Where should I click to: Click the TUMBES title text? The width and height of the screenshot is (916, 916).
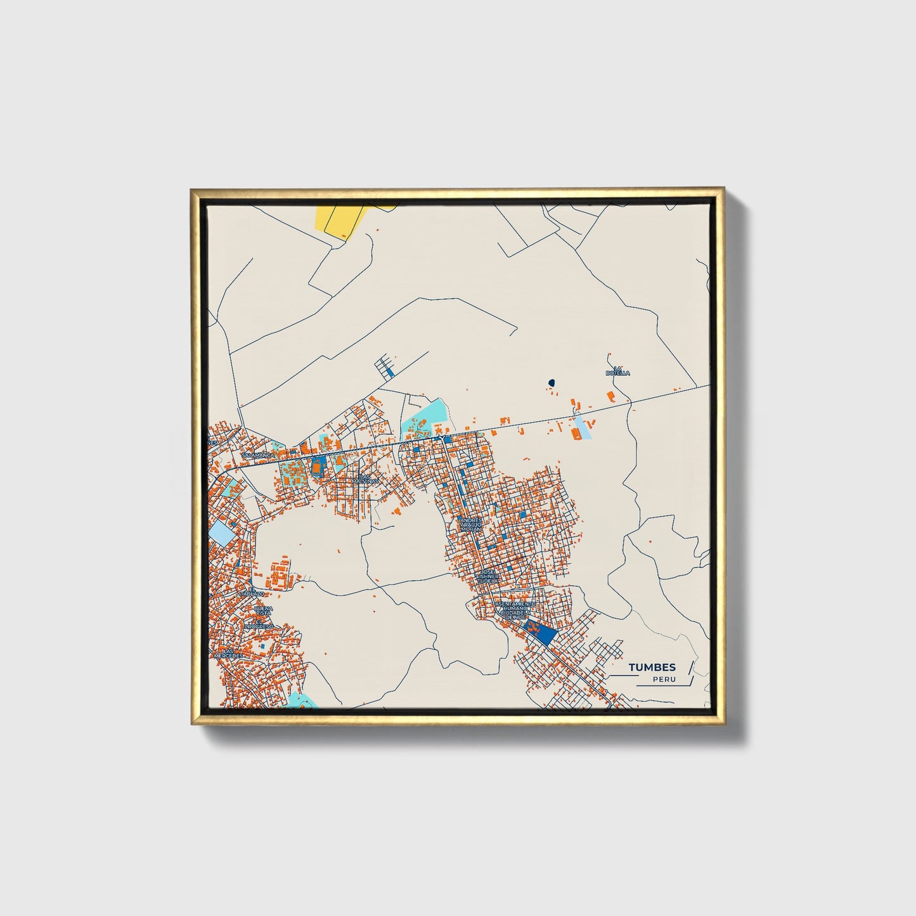pyautogui.click(x=652, y=667)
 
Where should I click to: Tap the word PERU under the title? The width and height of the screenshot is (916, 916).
pyautogui.click(x=664, y=680)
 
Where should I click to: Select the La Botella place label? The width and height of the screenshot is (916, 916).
pyautogui.click(x=617, y=371)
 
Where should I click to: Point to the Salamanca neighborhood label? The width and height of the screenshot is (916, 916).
pyautogui.click(x=258, y=455)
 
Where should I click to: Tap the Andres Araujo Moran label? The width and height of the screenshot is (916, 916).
pyautogui.click(x=470, y=524)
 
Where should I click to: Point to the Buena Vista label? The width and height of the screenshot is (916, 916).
pyautogui.click(x=262, y=611)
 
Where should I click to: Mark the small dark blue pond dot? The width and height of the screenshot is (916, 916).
pyautogui.click(x=551, y=383)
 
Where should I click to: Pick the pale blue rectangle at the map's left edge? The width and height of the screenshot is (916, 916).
pyautogui.click(x=220, y=531)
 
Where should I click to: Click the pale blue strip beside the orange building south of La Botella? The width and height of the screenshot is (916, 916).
pyautogui.click(x=583, y=428)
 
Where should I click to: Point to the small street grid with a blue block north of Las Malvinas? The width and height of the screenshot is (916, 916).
pyautogui.click(x=385, y=367)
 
